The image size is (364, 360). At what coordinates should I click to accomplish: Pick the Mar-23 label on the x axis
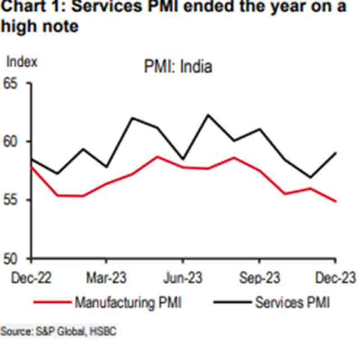pos(106,277)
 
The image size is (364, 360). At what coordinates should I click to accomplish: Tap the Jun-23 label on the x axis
pos(183,277)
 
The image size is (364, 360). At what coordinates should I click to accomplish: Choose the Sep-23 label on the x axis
pos(259,277)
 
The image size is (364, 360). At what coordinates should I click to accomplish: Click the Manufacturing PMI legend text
pos(128,303)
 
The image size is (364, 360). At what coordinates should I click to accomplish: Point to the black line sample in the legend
pos(232,303)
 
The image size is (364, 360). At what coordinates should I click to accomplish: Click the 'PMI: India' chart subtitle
pos(177,67)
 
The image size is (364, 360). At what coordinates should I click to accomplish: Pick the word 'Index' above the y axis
pos(21,61)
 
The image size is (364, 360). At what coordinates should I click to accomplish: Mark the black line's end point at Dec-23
pos(335,153)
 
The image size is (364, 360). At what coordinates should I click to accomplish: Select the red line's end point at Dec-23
pos(335,201)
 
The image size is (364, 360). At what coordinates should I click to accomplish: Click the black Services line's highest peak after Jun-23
pos(208,115)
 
